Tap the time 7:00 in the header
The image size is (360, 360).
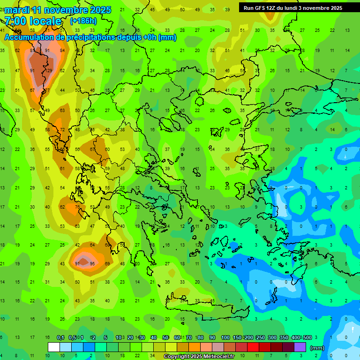[15, 21]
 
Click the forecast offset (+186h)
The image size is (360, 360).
[83, 21]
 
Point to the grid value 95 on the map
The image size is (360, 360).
[92, 264]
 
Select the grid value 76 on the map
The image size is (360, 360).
[77, 207]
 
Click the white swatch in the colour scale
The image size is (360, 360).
[54, 347]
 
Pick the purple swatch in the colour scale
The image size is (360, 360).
[300, 347]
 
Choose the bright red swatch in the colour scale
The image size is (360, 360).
[253, 347]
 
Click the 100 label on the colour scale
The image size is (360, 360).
[225, 337]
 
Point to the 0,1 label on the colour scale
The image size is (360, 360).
[60, 337]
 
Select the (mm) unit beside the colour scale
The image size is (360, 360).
[317, 348]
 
